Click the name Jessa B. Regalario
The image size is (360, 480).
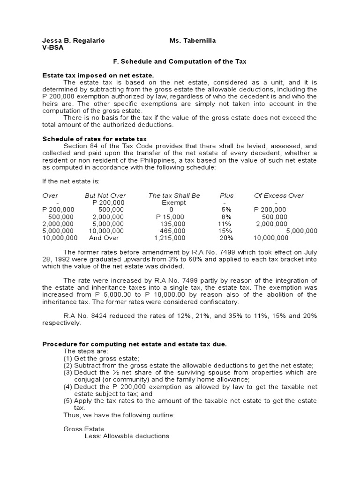pos(74,41)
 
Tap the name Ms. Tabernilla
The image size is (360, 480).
pos(193,41)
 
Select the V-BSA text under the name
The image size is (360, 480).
pos(53,48)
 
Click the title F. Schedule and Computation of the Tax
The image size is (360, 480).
pos(180,61)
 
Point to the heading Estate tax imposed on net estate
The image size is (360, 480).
pos(98,75)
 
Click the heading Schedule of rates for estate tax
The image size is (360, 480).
pos(95,139)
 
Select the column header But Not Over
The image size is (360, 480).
pos(105,195)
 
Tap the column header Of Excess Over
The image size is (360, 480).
pos(279,195)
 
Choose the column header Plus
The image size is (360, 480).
pos(227,195)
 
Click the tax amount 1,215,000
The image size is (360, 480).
pos(170,238)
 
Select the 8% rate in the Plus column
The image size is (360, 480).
pos(227,217)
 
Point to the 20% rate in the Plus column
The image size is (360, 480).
pos(227,238)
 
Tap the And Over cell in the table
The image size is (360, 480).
pos(105,238)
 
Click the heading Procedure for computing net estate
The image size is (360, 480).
pos(135,345)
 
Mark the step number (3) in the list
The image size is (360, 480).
pos(68,372)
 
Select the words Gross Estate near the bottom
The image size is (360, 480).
pos(84,429)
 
